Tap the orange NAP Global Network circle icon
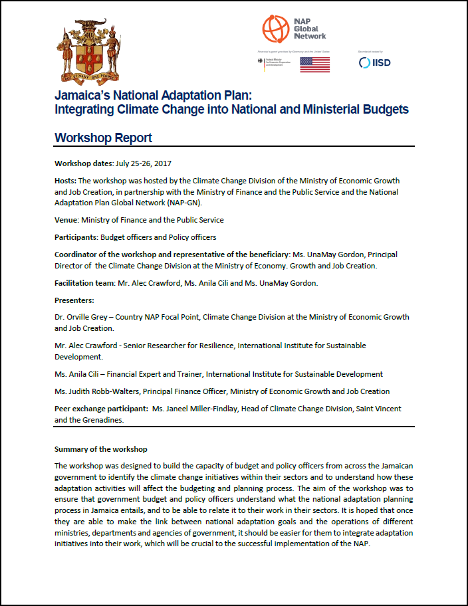pos(275,27)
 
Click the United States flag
pos(314,64)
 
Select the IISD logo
pos(374,62)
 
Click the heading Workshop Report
pos(103,138)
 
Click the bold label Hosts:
pos(65,181)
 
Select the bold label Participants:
pos(76,237)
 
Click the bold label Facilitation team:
pos(84,283)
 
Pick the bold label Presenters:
pos(75,300)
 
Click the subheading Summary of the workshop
pos(101,449)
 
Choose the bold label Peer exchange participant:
pos(102,409)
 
